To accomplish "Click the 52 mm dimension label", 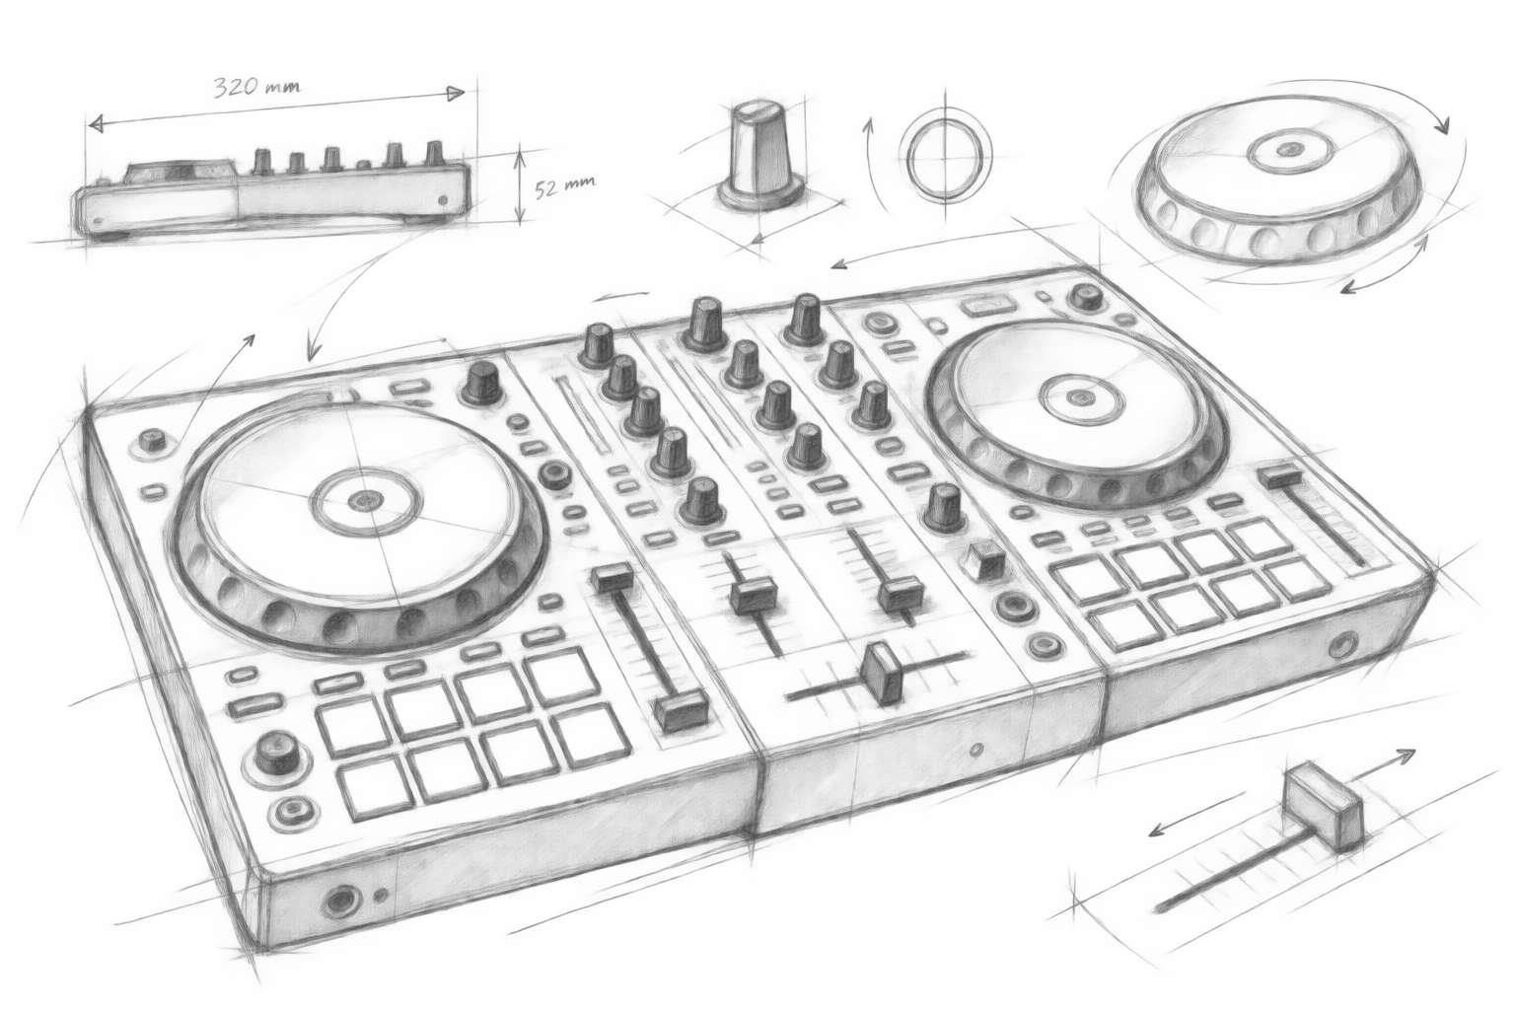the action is (x=565, y=187).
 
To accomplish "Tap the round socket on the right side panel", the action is (x=1341, y=645).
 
